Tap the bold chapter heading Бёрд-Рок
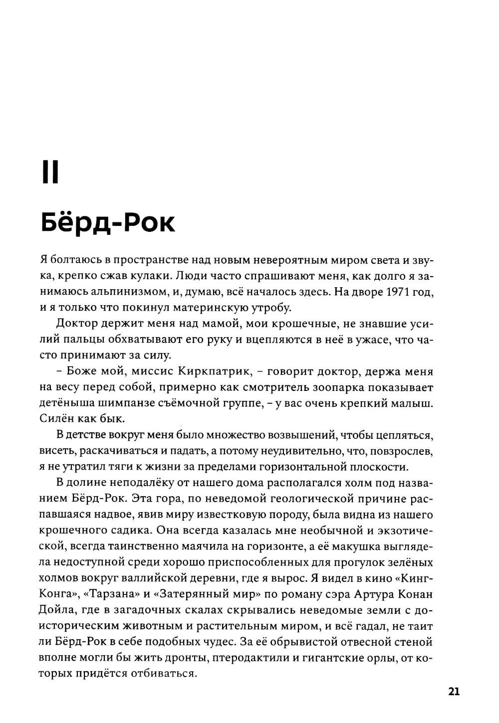click(x=107, y=222)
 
